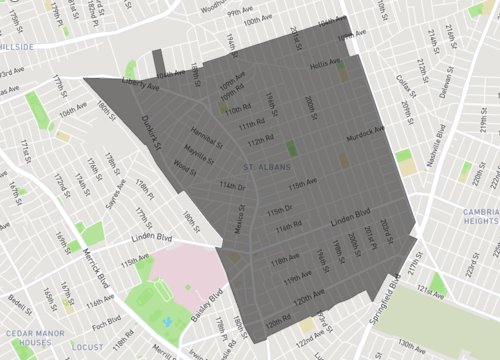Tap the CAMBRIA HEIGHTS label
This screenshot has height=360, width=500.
click(x=479, y=216)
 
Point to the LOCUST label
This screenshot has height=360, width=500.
click(x=87, y=347)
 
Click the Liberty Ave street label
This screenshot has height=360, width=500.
click(x=140, y=88)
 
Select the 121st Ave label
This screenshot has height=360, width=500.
click(x=431, y=288)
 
